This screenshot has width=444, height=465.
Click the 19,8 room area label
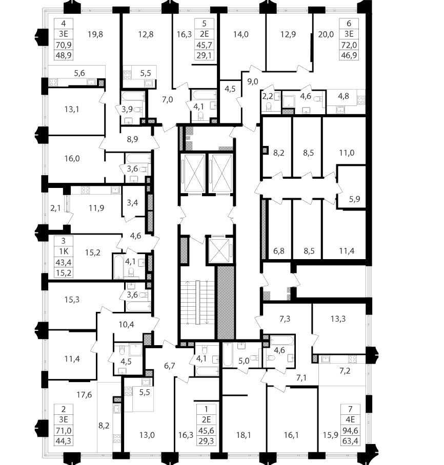coord(95,35)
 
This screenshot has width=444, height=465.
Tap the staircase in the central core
coord(197,302)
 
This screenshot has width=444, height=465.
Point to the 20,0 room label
coord(325,35)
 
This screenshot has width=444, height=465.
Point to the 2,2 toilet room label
coord(268,95)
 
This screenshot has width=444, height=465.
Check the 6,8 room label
coord(279,251)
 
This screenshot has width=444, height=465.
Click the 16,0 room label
coord(72,158)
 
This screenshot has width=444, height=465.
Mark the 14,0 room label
coord(240,35)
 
